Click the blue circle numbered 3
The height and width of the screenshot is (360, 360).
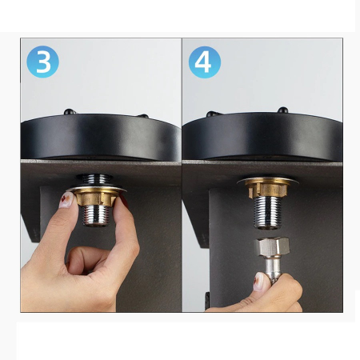click(42, 62)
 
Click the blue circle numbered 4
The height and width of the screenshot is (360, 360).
click(205, 62)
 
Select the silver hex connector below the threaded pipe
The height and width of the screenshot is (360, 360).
click(271, 246)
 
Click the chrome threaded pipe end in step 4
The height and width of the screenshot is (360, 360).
click(267, 213)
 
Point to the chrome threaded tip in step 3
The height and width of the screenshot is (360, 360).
click(96, 215)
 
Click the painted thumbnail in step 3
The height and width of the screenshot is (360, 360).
click(66, 200)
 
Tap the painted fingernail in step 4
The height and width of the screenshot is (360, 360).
click(258, 282)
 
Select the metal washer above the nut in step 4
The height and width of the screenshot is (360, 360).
click(267, 181)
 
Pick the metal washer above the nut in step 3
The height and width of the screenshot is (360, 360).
click(96, 189)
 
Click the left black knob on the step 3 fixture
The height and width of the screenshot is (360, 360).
click(70, 111)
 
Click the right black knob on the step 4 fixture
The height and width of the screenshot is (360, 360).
click(282, 110)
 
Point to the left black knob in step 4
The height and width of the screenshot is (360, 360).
click(213, 114)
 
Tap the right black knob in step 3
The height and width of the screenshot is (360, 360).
click(143, 116)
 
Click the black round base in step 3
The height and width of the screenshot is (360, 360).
click(101, 138)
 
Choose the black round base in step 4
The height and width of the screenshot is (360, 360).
click(262, 137)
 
